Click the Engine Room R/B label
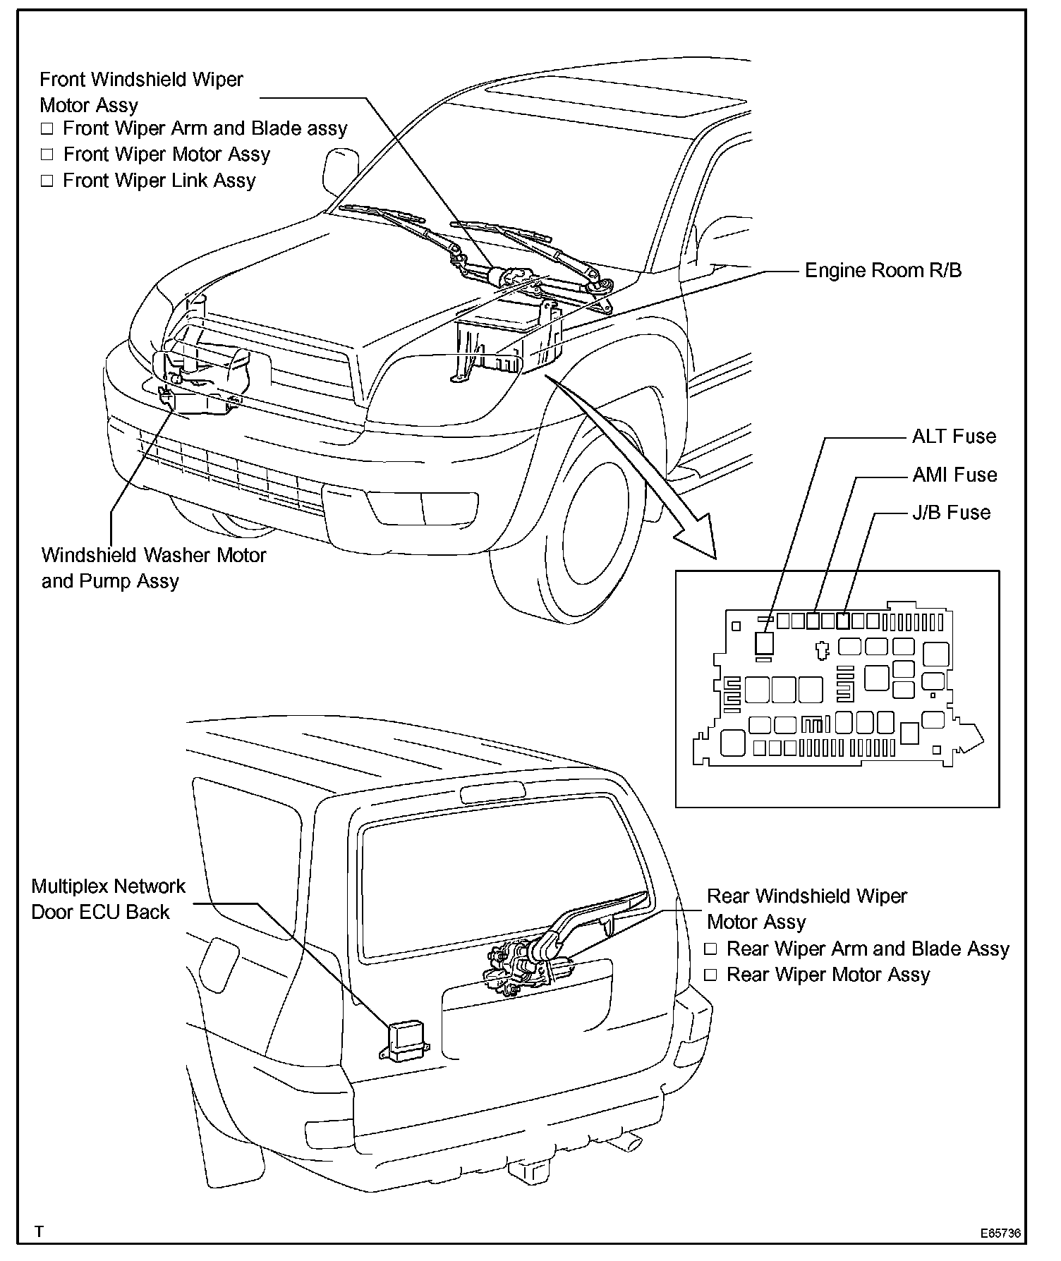click(x=883, y=271)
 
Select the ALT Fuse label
click(x=954, y=437)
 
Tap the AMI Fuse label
click(x=954, y=475)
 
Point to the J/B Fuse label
click(x=951, y=513)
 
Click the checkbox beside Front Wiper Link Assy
click(x=47, y=181)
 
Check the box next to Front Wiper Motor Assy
click(x=47, y=154)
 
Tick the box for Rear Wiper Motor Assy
click(x=710, y=975)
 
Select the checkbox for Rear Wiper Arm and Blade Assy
click(x=710, y=949)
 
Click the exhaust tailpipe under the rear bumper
click(x=628, y=1140)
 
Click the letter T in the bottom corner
click(x=40, y=1231)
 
